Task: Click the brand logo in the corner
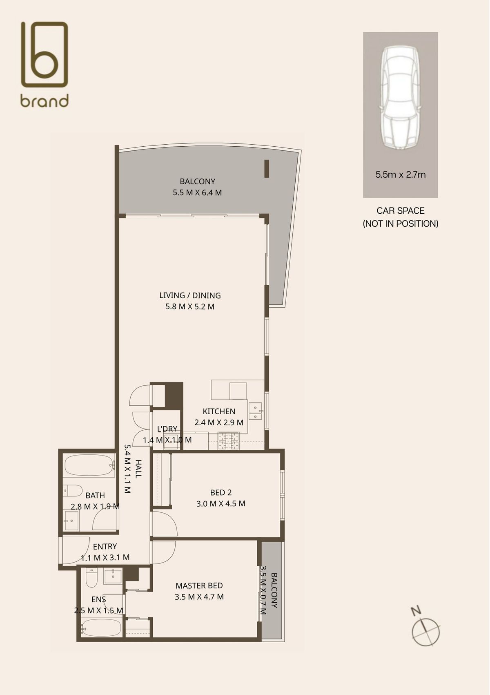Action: tap(45, 64)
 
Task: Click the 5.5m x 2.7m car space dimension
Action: tap(400, 175)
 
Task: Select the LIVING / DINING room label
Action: tap(190, 295)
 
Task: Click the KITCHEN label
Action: tap(219, 411)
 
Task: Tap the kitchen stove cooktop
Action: tap(228, 441)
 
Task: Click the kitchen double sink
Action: tap(256, 412)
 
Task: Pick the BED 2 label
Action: tap(221, 492)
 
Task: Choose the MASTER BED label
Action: tap(199, 585)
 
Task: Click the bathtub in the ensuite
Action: tap(101, 627)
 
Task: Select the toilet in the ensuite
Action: tap(91, 578)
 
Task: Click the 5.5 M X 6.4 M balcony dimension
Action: tap(197, 192)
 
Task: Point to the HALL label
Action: tap(138, 469)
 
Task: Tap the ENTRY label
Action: tap(105, 546)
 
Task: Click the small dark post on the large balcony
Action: tap(267, 169)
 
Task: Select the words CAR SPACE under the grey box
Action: tap(400, 211)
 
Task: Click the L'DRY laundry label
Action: tap(167, 429)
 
